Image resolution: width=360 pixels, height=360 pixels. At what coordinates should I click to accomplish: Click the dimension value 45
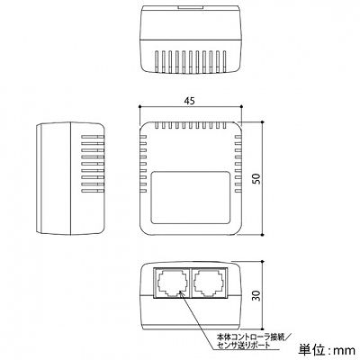coord(189,101)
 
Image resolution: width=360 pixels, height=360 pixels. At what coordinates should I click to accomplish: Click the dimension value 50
coord(257,179)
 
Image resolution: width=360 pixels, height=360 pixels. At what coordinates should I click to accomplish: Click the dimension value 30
coord(257,295)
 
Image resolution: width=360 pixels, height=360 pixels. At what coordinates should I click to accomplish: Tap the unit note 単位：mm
coord(327,350)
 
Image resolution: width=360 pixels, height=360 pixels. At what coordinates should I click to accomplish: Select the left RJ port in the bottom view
coord(171,283)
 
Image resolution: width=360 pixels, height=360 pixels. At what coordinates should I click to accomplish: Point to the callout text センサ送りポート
coord(244,346)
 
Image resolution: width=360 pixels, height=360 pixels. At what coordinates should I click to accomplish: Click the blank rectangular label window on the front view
coord(190,197)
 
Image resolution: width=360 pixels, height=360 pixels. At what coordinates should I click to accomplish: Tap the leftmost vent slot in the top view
coord(157,61)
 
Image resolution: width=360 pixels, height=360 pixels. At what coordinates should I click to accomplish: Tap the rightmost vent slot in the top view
coord(224,61)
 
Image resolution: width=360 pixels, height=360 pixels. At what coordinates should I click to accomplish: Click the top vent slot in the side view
coord(93,137)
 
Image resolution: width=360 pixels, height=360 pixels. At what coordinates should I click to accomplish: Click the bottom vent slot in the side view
coord(93,191)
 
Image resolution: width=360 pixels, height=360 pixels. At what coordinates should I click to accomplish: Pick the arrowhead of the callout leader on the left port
coord(181,293)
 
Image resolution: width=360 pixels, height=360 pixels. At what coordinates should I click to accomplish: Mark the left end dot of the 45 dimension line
coord(139,106)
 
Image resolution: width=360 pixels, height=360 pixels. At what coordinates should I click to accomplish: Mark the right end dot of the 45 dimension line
coord(241,106)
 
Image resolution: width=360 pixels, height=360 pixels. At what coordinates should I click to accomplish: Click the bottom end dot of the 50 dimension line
coord(263,235)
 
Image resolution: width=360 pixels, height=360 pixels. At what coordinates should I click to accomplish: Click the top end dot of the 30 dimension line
coord(263,262)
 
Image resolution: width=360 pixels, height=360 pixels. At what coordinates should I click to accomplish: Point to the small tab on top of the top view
coord(190,6)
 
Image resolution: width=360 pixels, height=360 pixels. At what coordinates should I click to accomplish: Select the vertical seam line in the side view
coord(70,178)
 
